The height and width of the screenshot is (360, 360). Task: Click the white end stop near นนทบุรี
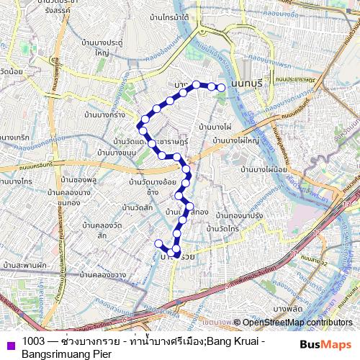(x=222, y=88)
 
